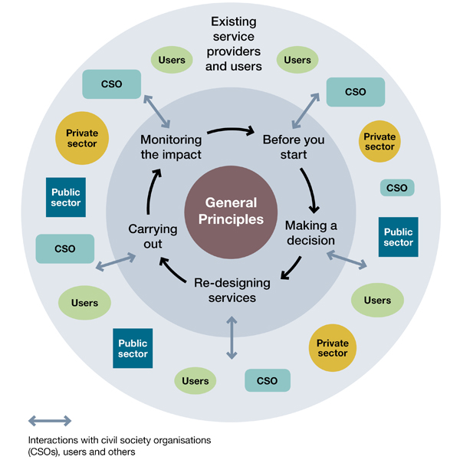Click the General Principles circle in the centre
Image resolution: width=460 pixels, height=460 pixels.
coord(230,212)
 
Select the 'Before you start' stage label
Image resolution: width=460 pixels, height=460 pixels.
coord(294,147)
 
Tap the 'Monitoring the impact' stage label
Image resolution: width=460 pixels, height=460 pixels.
coord(170,147)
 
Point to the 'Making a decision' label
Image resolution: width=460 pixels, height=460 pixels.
coord(310,232)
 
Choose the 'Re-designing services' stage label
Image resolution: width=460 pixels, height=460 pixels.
coord(232,289)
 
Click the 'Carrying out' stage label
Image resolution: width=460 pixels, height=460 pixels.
coord(153,236)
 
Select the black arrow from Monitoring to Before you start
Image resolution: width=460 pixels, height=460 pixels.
coord(231,131)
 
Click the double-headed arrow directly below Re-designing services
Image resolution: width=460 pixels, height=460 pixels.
coord(231,336)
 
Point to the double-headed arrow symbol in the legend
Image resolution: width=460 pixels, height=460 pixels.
coord(50,420)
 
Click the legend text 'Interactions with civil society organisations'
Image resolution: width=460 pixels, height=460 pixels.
coord(119,441)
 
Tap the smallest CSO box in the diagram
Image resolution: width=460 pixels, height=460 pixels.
coord(397,188)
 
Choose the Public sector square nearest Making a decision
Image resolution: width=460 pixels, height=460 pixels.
coord(398,237)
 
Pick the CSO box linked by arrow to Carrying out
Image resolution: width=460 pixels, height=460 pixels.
coord(65,248)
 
